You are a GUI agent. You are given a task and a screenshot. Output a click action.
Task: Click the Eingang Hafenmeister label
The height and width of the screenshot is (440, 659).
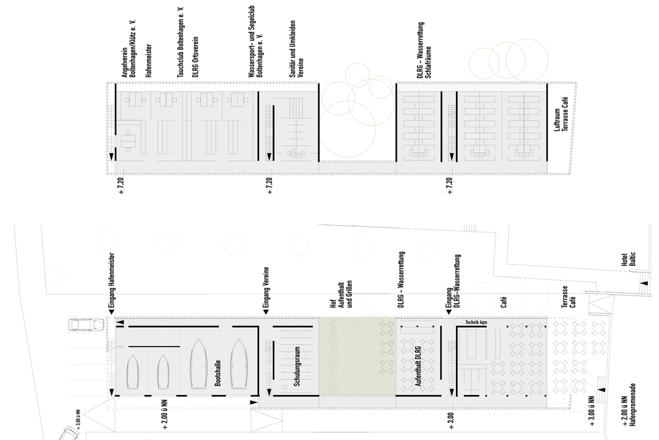112,280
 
